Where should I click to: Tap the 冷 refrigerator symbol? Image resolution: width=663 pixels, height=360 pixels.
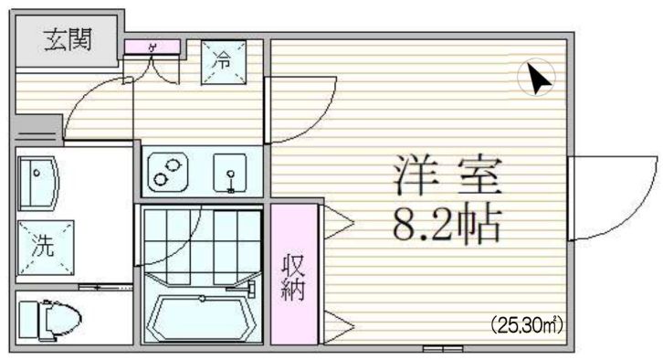point(221,62)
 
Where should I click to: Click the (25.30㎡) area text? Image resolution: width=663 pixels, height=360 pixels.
point(528,324)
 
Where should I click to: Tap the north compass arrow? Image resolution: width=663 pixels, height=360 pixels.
point(537,79)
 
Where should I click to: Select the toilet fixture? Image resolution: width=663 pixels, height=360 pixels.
point(50,319)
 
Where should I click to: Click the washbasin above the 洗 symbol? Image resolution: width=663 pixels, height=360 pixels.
point(38,184)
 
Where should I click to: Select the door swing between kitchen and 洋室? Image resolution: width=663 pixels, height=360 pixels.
point(297,108)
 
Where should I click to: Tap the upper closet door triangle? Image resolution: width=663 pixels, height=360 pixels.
point(334,219)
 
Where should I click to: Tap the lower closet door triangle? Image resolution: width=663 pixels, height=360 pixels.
point(334,321)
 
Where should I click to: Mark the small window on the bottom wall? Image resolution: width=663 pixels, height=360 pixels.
point(437,349)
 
